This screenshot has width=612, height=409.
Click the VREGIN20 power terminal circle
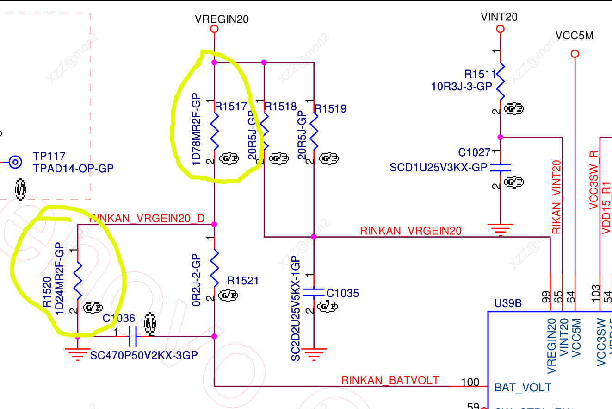coord(214,29)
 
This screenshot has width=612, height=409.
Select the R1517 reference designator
coord(231,107)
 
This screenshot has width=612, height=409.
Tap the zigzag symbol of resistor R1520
coord(77,280)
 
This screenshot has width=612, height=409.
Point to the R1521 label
coord(243,281)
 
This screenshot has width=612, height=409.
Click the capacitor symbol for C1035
coord(314,292)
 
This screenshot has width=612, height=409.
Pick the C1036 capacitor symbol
coord(133,337)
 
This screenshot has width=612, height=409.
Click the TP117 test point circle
coord(16,162)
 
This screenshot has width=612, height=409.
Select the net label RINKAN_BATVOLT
coord(390,380)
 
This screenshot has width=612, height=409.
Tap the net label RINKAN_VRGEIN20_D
coord(147,219)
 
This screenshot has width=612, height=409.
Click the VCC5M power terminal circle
coord(575,54)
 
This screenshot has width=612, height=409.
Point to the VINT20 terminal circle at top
coord(500,29)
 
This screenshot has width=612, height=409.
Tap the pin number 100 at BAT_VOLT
coord(470,383)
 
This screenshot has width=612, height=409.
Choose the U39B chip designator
coord(508,303)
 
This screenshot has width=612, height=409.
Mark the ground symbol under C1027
coord(500,229)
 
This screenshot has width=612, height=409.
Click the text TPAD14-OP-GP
coord(73,168)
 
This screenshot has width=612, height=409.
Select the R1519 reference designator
coord(330,109)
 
